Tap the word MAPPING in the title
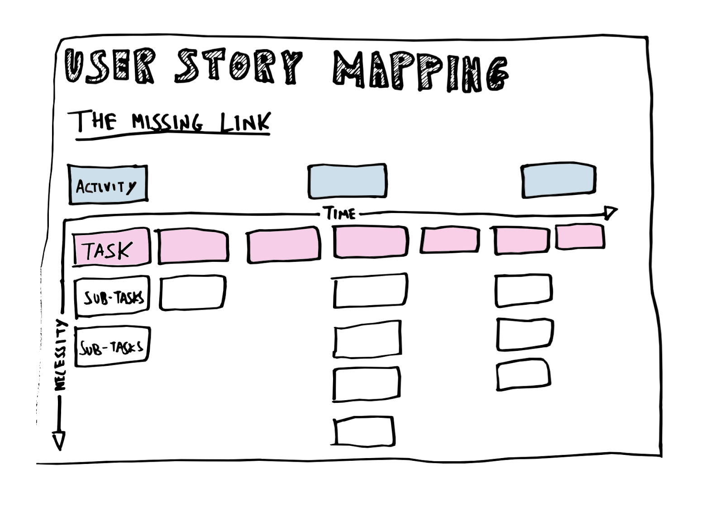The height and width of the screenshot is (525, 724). click(x=421, y=71)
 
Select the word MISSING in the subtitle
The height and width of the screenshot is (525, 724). click(x=167, y=122)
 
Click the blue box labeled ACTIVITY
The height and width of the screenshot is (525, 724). click(x=108, y=184)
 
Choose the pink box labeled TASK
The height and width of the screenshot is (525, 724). click(x=111, y=247)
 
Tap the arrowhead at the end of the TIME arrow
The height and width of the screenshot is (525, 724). click(x=610, y=213)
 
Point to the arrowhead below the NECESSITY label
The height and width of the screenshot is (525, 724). click(x=59, y=440)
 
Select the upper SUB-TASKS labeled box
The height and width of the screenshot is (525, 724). click(x=112, y=296)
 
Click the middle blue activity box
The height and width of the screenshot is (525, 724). click(x=347, y=181)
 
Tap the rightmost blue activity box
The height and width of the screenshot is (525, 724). click(x=558, y=180)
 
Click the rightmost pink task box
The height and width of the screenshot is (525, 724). click(x=580, y=236)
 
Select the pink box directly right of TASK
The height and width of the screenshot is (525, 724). click(x=193, y=246)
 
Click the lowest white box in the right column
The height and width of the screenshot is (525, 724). click(x=524, y=374)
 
